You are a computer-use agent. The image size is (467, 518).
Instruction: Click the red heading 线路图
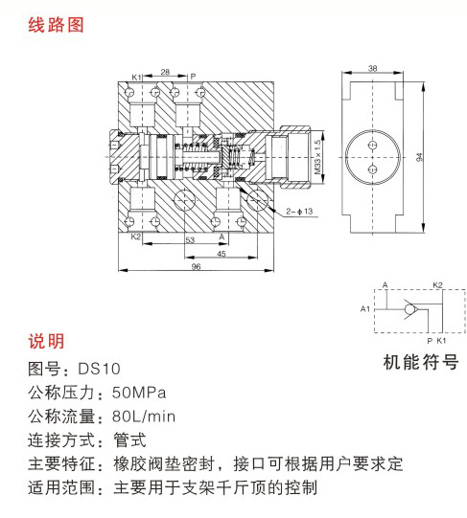(x=56, y=26)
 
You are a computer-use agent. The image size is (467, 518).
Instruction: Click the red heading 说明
(x=46, y=341)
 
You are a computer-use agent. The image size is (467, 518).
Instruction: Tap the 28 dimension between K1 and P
(x=165, y=72)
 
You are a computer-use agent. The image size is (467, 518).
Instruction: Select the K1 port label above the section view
(x=136, y=78)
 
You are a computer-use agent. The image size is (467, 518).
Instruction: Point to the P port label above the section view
(x=193, y=77)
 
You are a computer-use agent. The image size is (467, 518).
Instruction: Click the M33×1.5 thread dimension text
(x=317, y=157)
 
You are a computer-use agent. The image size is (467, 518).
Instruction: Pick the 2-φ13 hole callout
(x=299, y=211)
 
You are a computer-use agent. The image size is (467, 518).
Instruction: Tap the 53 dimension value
(x=190, y=239)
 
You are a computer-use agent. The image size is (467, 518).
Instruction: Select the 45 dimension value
(x=222, y=254)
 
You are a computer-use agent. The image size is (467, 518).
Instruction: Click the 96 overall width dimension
(x=196, y=266)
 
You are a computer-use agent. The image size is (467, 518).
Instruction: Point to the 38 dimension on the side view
(x=373, y=68)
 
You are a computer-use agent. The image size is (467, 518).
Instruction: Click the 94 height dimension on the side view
(x=419, y=157)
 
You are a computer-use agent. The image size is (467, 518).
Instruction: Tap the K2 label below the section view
(x=136, y=236)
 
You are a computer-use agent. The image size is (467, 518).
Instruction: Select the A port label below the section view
(x=222, y=236)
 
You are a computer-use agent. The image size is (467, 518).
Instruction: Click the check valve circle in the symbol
(x=410, y=309)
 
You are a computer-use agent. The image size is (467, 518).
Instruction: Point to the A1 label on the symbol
(x=365, y=309)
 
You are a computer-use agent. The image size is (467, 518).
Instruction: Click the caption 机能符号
(x=421, y=362)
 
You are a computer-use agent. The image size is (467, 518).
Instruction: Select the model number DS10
(x=100, y=369)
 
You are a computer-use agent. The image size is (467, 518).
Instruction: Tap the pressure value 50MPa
(x=139, y=393)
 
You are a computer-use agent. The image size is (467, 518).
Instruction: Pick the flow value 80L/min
(x=144, y=417)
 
